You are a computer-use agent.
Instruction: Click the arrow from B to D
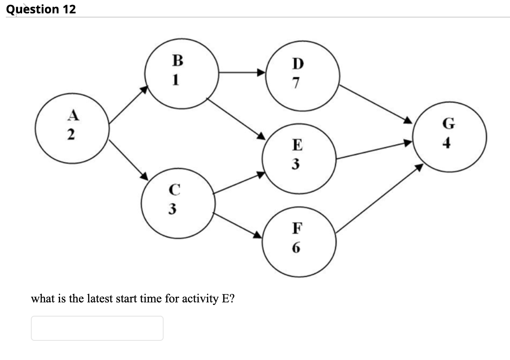pos(242,73)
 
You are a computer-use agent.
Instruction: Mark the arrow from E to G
pos(374,151)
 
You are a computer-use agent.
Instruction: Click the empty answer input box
pos(97,328)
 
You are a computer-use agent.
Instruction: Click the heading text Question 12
pos(41,9)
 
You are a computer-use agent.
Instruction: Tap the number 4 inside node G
pos(447,144)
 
